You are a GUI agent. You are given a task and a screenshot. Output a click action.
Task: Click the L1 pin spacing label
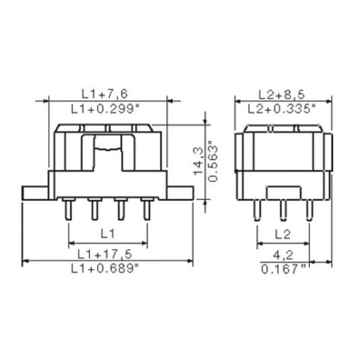coord(105,235)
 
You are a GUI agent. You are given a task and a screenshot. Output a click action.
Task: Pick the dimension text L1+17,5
coord(106,255)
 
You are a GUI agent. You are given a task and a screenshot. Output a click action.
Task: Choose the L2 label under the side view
coord(282,235)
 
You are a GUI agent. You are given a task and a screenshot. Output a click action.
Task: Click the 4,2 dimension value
coord(282,255)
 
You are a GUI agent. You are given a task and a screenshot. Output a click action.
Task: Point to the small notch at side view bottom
coord(282,192)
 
